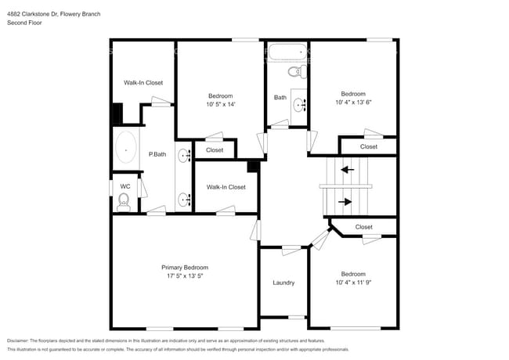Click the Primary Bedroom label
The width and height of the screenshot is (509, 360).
coord(185,268)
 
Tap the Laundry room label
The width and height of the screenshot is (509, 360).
coord(283,283)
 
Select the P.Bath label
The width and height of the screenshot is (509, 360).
coord(157,154)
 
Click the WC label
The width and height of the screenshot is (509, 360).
coord(125,186)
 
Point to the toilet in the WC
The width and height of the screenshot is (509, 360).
coord(124,201)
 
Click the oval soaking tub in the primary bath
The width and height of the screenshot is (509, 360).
coord(125,148)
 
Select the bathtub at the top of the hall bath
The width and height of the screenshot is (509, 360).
coord(286,52)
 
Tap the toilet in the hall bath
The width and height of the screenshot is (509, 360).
coord(295,72)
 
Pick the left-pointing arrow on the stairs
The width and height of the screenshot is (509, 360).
coord(346,168)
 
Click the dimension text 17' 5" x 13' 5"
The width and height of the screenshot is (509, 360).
coord(185,275)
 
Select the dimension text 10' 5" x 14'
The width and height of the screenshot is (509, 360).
coord(220,104)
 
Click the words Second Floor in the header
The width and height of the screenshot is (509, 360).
coord(24,23)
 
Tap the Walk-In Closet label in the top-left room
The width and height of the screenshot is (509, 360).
coord(143,82)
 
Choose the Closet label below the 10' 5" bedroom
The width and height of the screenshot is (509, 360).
coord(215,150)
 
